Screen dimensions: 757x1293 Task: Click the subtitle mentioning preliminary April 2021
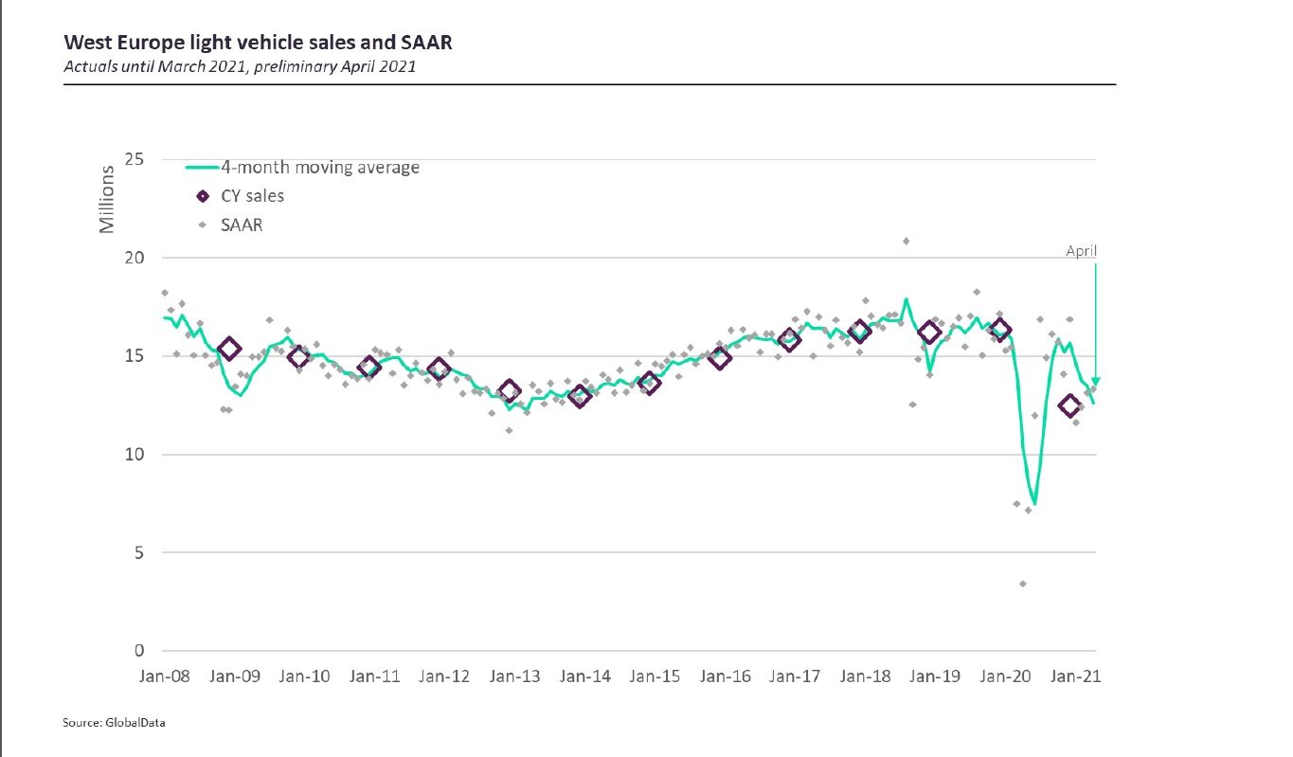(239, 66)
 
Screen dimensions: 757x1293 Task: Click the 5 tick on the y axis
(138, 552)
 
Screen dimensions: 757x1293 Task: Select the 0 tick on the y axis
(138, 651)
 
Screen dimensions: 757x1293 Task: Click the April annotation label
(1081, 251)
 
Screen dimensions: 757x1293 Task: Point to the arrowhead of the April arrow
(1096, 382)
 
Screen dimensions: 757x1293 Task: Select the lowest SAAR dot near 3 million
(1023, 584)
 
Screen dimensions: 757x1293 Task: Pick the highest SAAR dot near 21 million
(906, 241)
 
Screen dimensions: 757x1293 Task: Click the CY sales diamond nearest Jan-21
(1070, 406)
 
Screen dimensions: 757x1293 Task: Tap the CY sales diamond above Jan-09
(228, 350)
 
